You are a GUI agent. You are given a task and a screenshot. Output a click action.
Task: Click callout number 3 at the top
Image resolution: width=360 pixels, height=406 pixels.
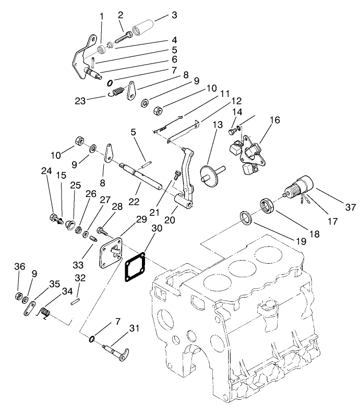tap(174, 15)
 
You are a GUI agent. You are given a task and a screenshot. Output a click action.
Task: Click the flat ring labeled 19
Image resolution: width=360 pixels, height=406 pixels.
tap(246, 217)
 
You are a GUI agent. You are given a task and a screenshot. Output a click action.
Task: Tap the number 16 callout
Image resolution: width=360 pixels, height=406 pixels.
tap(275, 120)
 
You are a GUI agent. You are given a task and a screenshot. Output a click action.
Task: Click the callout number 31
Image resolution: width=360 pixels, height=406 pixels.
tap(135, 328)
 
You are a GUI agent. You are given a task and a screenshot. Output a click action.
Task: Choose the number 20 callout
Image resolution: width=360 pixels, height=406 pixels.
tap(170, 207)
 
